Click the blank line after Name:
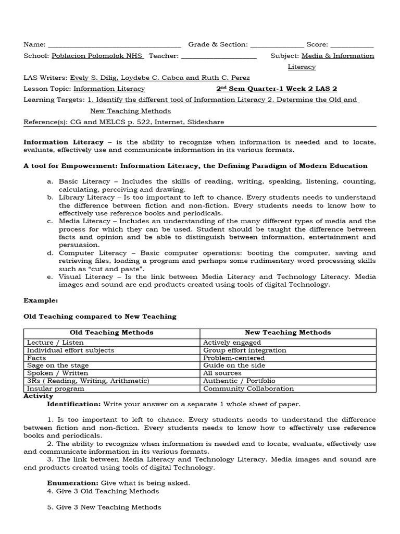(114, 45)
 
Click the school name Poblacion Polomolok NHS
(97, 56)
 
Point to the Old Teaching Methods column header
(111, 332)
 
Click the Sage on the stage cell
(58, 366)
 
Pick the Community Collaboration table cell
(248, 389)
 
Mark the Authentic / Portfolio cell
(239, 381)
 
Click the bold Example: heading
(41, 300)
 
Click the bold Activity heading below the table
(39, 396)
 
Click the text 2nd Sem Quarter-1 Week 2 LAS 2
(277, 89)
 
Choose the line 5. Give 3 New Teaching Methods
(104, 507)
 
